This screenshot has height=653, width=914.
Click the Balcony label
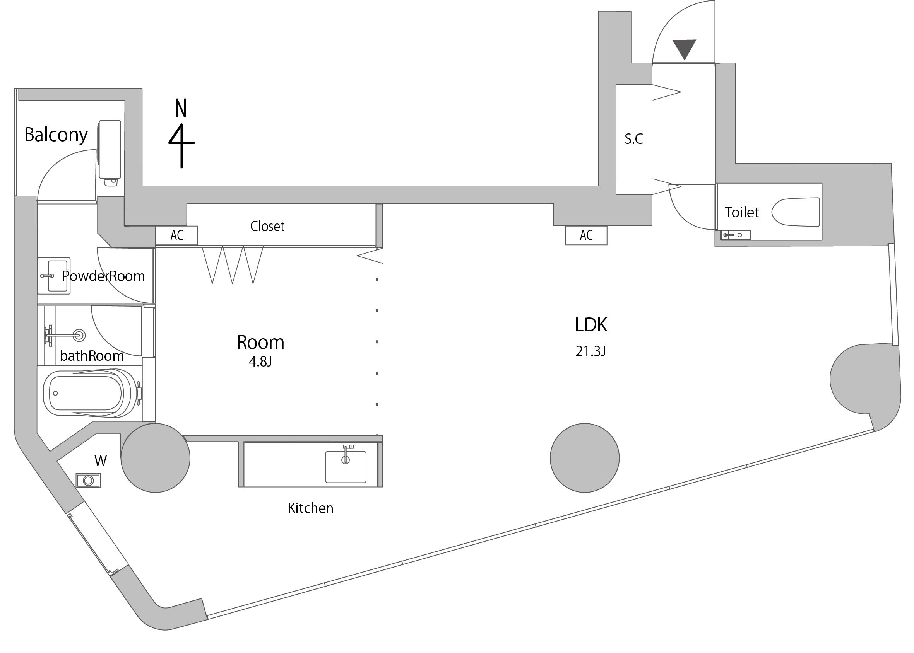(56, 135)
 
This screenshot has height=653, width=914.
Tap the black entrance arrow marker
(684, 49)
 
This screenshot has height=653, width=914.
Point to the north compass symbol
(181, 133)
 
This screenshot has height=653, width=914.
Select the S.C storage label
(633, 139)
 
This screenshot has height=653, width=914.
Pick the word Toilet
(741, 212)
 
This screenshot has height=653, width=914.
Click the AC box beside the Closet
(177, 235)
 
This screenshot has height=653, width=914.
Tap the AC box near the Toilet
(586, 235)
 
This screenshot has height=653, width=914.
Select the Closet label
(267, 227)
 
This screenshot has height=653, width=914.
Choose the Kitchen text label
(310, 508)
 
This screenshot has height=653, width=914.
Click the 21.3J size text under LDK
(591, 351)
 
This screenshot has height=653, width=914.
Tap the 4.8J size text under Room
(260, 362)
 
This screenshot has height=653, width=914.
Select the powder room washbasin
(54, 276)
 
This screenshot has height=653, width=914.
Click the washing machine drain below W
(88, 481)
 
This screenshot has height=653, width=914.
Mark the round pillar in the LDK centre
(584, 458)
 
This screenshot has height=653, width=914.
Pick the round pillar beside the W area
(155, 458)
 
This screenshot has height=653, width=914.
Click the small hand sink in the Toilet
(735, 235)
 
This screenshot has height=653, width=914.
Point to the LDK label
(591, 325)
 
